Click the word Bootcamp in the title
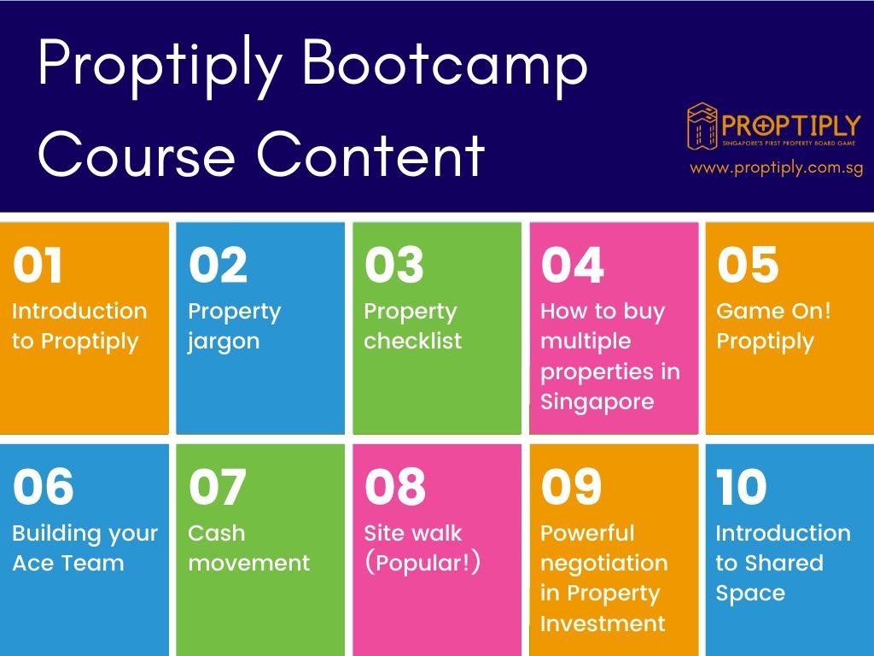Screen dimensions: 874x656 point(445,67)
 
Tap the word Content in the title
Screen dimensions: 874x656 point(370,155)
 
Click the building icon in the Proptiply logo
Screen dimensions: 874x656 point(702,126)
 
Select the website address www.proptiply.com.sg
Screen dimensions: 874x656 point(776,168)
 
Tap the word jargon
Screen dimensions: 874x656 point(224,342)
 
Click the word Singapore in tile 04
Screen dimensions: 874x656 point(597,401)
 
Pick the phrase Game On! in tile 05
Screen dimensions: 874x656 point(773,311)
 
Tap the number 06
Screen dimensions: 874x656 point(43,486)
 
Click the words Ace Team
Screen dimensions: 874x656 point(68,563)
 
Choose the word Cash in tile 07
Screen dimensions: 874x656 point(216,533)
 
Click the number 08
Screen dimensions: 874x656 point(395,486)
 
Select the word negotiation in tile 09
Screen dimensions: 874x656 point(604,564)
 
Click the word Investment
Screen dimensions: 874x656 point(603,623)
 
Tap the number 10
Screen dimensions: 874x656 point(742,486)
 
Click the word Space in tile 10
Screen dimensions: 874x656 point(750,594)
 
